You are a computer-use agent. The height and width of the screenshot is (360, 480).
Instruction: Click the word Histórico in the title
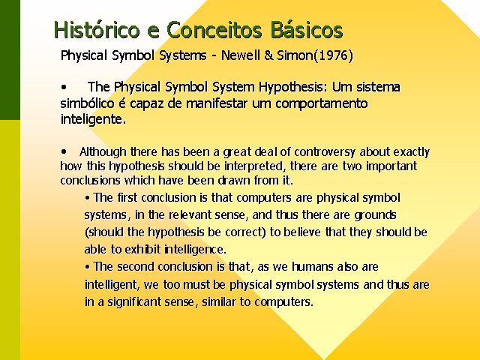point(97,30)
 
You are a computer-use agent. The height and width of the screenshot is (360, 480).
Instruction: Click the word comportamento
point(322,103)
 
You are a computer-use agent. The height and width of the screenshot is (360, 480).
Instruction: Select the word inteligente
point(93,120)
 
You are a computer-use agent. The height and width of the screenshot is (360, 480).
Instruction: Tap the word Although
point(103,151)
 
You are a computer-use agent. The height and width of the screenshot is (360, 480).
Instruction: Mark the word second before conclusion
point(136,267)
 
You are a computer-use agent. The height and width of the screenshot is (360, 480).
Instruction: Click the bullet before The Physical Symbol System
point(64,87)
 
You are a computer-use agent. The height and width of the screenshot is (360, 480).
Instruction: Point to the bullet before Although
point(64,151)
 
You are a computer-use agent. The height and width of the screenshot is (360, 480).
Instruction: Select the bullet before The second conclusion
point(88,267)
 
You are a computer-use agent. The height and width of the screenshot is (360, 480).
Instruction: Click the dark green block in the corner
point(10,60)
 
